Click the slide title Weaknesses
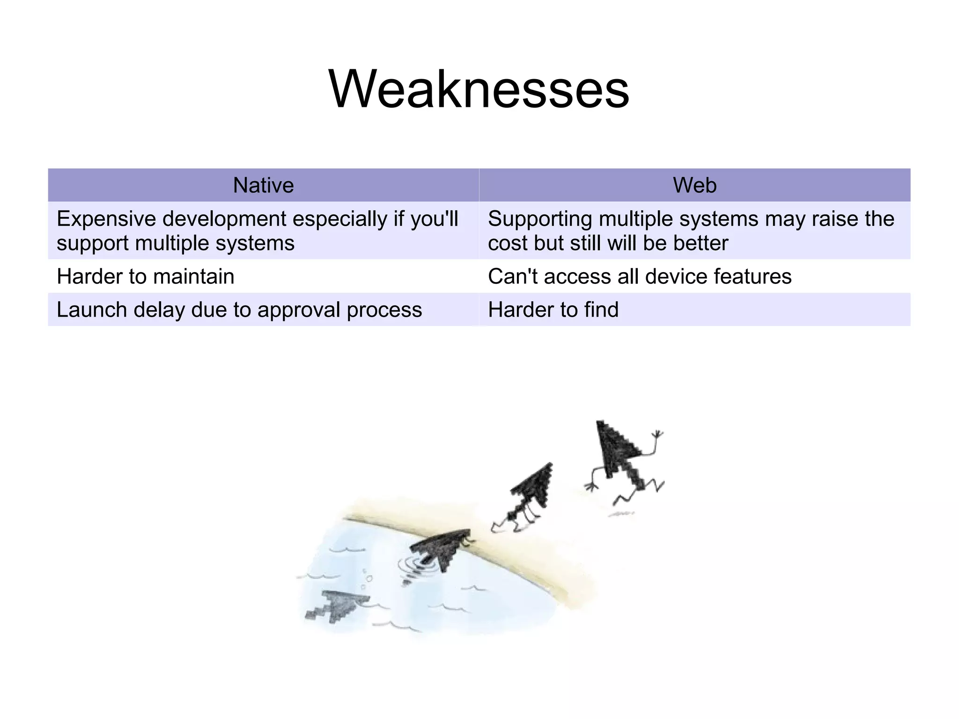(x=479, y=89)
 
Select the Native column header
(x=263, y=185)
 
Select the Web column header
(x=694, y=185)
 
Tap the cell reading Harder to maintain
(x=145, y=276)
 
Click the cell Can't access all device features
(x=639, y=276)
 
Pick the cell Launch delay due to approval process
(x=239, y=310)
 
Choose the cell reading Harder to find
(x=553, y=310)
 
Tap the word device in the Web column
(x=679, y=276)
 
